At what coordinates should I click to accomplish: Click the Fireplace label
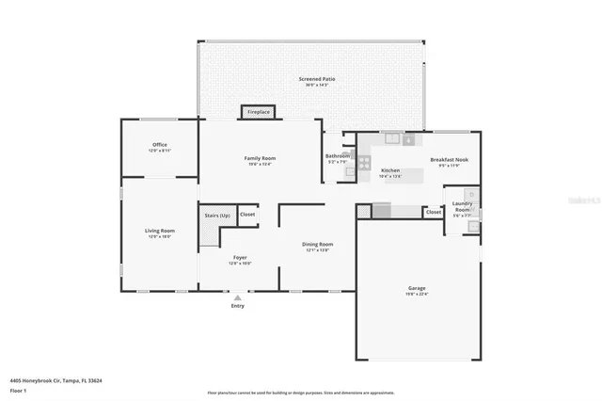pos(259,112)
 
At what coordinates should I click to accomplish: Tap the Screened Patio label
pos(316,79)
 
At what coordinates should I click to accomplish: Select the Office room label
pos(160,145)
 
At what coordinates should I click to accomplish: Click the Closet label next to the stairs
pos(247,215)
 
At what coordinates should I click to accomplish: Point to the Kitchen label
pos(390,170)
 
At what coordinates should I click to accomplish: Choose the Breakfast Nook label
pos(449,160)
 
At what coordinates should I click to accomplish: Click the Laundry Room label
pos(462,206)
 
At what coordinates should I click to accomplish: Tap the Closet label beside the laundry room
pos(433,213)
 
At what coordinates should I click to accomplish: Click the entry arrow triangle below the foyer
pos(237,297)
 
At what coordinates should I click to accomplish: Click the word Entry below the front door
pos(237,306)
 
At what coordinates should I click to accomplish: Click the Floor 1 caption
pos(19,389)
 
